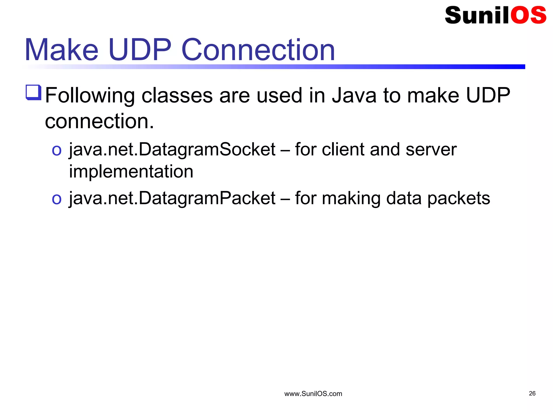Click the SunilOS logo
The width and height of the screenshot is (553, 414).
tap(495, 15)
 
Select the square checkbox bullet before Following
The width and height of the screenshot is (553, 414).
tap(33, 92)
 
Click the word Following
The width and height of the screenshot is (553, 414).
tap(90, 96)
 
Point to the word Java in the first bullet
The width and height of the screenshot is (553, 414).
tap(354, 95)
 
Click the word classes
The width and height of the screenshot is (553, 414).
tap(177, 95)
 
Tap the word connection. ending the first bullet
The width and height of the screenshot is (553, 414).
tap(99, 121)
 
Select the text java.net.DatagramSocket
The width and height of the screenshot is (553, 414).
tap(172, 150)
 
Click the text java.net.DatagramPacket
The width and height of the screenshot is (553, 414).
tap(172, 199)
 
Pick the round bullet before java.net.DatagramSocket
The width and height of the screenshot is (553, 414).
tap(57, 150)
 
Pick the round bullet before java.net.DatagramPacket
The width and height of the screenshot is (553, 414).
tap(57, 199)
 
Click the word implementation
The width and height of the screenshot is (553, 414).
tap(131, 172)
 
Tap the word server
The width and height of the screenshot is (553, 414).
tap(431, 150)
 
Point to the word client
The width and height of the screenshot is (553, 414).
tap(343, 149)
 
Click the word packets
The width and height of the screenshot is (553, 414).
tap(458, 199)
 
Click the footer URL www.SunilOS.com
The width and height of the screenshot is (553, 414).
tap(313, 394)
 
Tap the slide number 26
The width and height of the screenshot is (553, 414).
tap(532, 394)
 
